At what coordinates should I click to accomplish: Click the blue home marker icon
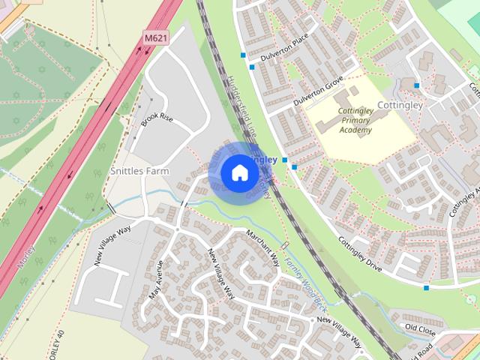239,172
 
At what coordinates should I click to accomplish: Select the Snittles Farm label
140,171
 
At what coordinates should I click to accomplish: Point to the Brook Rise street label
157,122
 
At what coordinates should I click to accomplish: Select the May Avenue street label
156,280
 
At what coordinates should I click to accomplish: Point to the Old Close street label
420,328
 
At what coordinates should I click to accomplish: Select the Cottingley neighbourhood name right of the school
400,105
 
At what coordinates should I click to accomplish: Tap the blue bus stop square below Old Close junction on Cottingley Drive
426,287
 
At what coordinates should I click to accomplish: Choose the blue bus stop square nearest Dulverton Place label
252,67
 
